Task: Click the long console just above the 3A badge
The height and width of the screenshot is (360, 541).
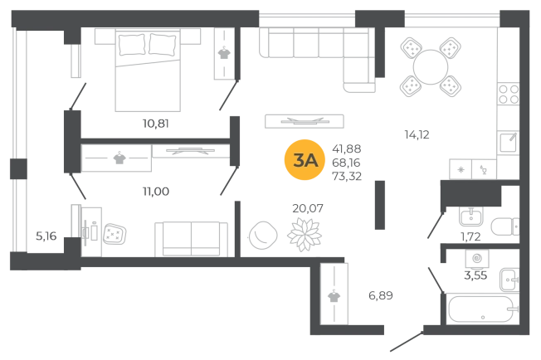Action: pyautogui.click(x=301, y=123)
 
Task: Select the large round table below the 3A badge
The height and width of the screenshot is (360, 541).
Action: pyautogui.click(x=305, y=232)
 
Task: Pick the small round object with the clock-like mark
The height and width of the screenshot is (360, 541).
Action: pyautogui.click(x=262, y=236)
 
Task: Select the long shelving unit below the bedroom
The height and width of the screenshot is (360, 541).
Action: pyautogui.click(x=155, y=158)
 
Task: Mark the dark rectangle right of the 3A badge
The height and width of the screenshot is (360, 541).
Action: pyautogui.click(x=348, y=162)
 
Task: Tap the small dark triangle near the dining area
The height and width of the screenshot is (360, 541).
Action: pyautogui.click(x=414, y=133)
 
